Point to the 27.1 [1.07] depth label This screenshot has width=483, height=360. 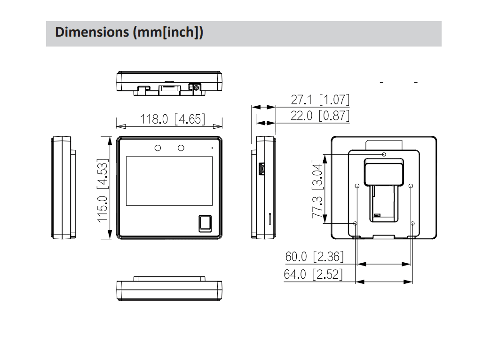320,100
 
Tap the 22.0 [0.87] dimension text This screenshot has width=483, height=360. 320,115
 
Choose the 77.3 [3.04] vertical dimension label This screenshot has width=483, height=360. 318,190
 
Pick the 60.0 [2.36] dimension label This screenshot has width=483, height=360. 314,257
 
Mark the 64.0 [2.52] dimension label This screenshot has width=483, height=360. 313,274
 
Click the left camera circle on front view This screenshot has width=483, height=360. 158,148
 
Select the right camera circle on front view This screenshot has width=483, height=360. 181,148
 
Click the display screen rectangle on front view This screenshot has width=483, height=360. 169,181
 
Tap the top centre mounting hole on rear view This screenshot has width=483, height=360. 384,154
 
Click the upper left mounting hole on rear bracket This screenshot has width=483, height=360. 357,186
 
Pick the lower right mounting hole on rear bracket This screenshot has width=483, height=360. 413,224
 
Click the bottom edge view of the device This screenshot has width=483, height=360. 169,290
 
